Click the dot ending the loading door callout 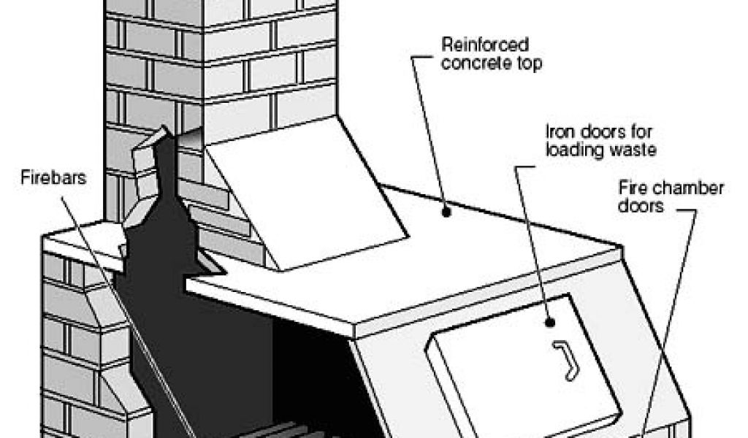coord(549,321)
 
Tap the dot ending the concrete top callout coord(446,212)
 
